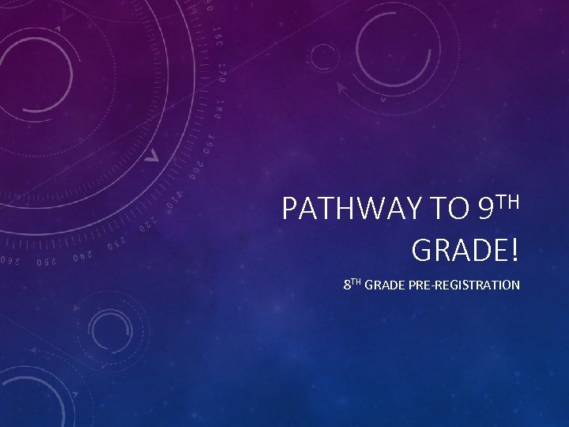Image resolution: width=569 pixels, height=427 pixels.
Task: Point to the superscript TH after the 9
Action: tap(511, 201)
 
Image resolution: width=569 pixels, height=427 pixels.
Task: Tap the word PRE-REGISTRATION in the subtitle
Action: tap(469, 285)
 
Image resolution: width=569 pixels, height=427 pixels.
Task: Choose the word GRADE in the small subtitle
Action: tap(385, 285)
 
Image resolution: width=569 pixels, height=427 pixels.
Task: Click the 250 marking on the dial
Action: tap(46, 260)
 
